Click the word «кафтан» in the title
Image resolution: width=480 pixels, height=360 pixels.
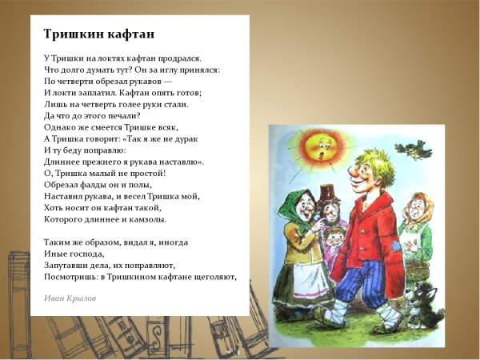click(129, 34)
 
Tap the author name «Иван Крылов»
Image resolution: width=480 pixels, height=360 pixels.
click(70, 298)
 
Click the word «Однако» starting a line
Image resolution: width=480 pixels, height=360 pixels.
click(60, 126)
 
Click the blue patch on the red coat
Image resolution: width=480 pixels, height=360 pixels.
click(397, 246)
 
